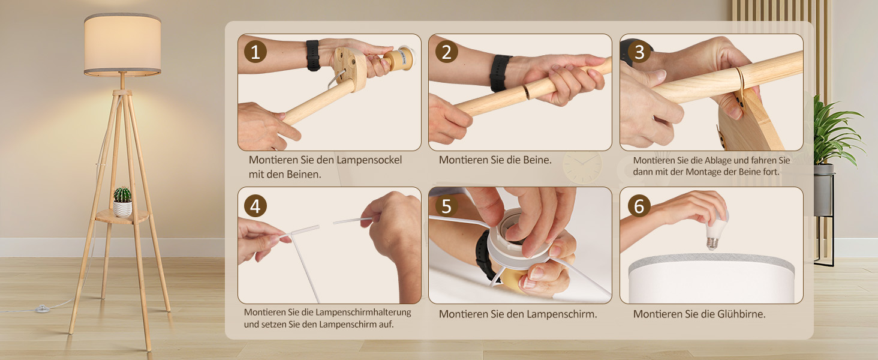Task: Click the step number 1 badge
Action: pyautogui.click(x=255, y=52)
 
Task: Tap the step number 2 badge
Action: pyautogui.click(x=446, y=52)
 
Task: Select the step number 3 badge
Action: pyautogui.click(x=639, y=52)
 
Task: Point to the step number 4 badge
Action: pyautogui.click(x=255, y=206)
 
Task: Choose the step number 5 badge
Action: pyautogui.click(x=446, y=206)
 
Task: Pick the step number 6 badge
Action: pyautogui.click(x=639, y=206)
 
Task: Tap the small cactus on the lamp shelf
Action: pyautogui.click(x=122, y=195)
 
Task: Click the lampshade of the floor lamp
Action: pyautogui.click(x=122, y=44)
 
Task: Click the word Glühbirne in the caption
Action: pyautogui.click(x=741, y=314)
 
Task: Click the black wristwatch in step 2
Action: pyautogui.click(x=500, y=73)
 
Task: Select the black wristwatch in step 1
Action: pyautogui.click(x=313, y=55)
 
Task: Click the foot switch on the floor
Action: pyautogui.click(x=42, y=309)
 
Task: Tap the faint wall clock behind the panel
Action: pyautogui.click(x=582, y=168)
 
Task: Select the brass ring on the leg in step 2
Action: pyautogui.click(x=525, y=92)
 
